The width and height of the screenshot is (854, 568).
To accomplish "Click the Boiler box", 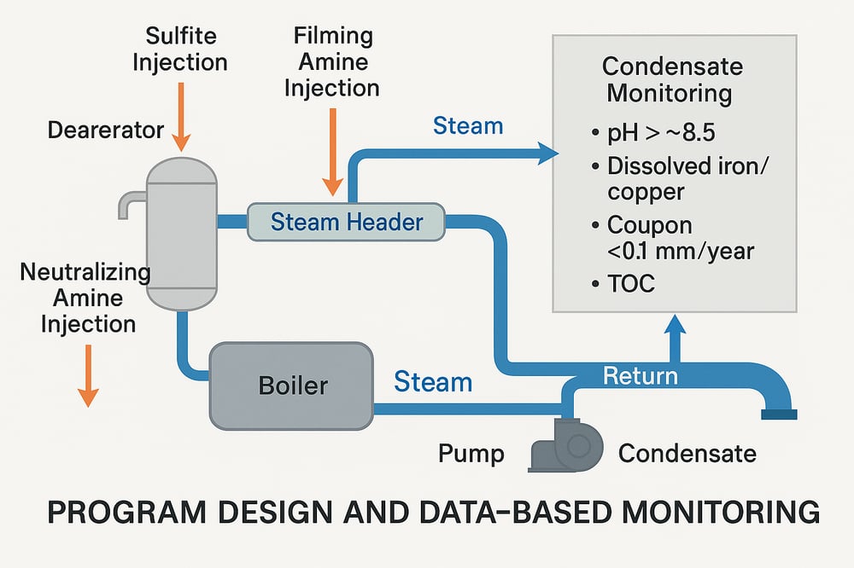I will (291, 385).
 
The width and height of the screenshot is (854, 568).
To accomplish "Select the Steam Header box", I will (346, 223).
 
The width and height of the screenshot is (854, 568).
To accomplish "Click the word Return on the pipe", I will (640, 375).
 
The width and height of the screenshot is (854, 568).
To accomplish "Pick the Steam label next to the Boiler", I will (433, 382).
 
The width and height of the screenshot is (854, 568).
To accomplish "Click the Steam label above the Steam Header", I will (468, 126).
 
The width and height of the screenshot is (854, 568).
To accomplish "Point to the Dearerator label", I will (106, 130).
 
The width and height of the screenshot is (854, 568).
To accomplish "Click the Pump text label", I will (471, 453).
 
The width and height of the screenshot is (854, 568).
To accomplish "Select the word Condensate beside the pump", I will (687, 453).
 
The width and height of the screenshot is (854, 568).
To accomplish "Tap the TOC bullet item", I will (629, 283).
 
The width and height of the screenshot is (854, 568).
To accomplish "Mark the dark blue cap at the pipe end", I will (778, 414).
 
